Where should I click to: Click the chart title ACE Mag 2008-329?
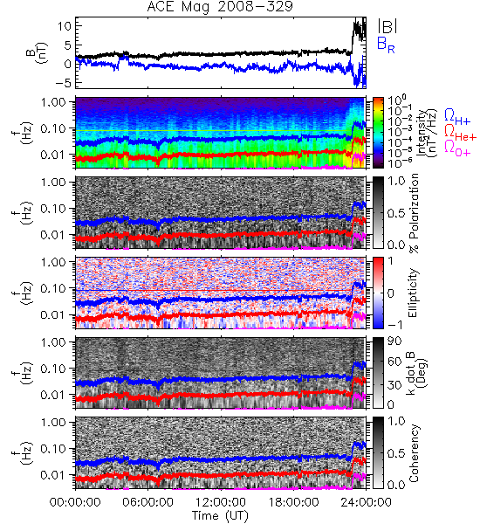point(220,6)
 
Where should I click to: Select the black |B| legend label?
point(387,25)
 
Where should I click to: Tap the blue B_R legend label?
point(386,45)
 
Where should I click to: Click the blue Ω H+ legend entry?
point(457,117)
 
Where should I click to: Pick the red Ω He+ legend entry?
point(460,133)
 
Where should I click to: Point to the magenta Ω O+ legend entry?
point(457,148)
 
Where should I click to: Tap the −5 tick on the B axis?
point(63,82)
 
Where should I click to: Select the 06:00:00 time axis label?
point(147,502)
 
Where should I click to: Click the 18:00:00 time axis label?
point(293,502)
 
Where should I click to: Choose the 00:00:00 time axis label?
point(75,502)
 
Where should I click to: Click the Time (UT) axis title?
point(220,516)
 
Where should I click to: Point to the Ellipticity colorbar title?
point(413,293)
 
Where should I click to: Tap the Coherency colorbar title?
point(413,453)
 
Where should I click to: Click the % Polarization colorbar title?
point(413,213)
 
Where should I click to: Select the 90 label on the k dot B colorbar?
point(394,341)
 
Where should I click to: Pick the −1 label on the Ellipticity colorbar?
point(394,325)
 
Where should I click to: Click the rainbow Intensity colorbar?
point(378,133)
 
